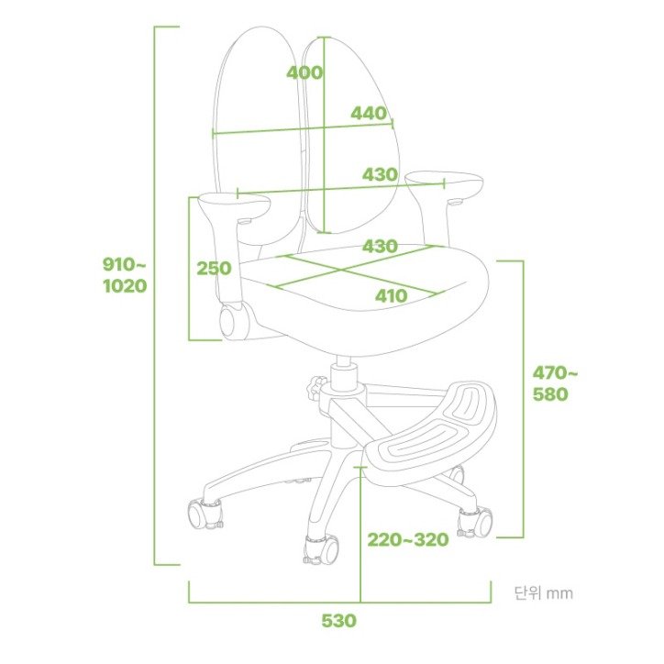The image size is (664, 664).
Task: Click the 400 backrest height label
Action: click(304, 72)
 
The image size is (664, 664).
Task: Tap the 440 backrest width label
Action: click(369, 113)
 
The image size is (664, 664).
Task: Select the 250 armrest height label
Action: click(214, 268)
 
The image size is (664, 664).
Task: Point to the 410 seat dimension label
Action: click(392, 296)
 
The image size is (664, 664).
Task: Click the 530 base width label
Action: click(338, 621)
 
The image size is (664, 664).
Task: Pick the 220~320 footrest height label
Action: click(408, 540)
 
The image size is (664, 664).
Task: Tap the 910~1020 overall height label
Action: click(125, 275)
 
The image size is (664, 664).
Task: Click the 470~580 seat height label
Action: click(555, 383)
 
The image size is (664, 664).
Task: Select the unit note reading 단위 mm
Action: click(544, 592)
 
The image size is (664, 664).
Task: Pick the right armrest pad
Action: click(444, 183)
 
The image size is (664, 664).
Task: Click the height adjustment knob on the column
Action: click(316, 387)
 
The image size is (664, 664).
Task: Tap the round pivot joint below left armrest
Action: click(231, 321)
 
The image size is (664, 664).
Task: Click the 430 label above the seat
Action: click(380, 246)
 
